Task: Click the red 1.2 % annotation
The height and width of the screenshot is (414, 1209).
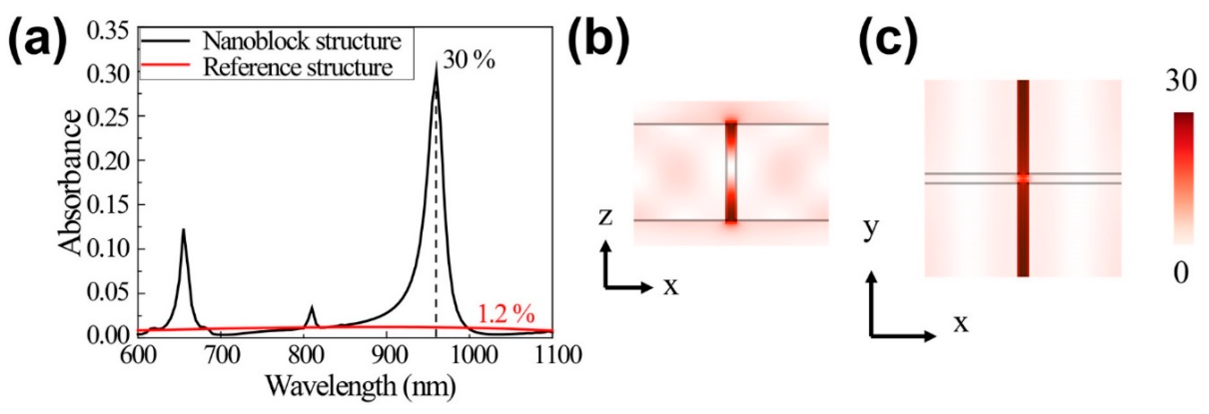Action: point(506,314)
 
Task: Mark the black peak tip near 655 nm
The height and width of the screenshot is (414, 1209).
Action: point(184,230)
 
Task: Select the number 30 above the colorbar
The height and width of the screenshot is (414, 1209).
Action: point(1180,82)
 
